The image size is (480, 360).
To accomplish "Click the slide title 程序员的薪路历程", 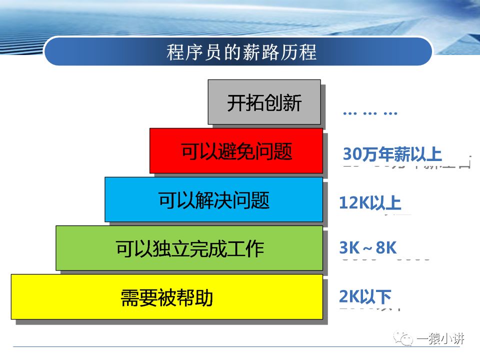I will pyautogui.click(x=241, y=52).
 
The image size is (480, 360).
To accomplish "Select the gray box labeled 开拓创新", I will pyautogui.click(x=264, y=102).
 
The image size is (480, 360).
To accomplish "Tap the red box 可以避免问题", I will pyautogui.click(x=236, y=151).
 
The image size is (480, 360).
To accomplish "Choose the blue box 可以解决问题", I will pyautogui.click(x=213, y=199).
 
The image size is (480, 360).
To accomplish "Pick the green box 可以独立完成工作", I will pyautogui.click(x=189, y=248).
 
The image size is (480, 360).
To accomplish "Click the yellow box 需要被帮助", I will pyautogui.click(x=166, y=297).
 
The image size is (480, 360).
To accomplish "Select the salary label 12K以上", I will pyautogui.click(x=370, y=203).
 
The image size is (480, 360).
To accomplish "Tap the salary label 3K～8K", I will pyautogui.click(x=368, y=247).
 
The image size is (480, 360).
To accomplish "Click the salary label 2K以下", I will pyautogui.click(x=365, y=296).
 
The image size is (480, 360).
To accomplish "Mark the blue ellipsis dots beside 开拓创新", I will pyautogui.click(x=370, y=113).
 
